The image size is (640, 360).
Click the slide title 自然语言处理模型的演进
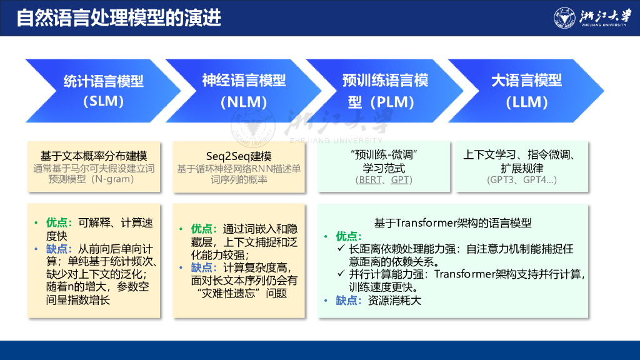119,18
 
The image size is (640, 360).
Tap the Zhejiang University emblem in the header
565,18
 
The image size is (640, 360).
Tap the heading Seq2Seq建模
239,156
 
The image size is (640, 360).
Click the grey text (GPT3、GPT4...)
521,180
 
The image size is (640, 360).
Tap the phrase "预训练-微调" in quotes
384,155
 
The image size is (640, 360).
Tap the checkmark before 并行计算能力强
341,273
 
